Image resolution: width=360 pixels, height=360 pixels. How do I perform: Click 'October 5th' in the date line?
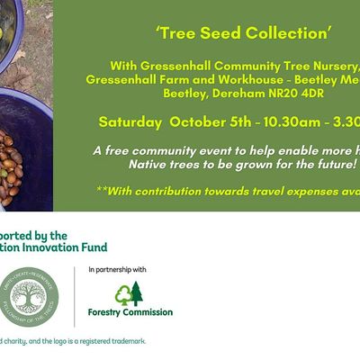pyautogui.click(x=211, y=121)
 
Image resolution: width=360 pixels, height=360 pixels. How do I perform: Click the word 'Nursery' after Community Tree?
pyautogui.click(x=335, y=66)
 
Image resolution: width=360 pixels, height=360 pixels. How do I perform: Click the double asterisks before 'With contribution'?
pyautogui.click(x=100, y=191)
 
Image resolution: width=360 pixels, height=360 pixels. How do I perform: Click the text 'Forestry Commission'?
pyautogui.click(x=130, y=312)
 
